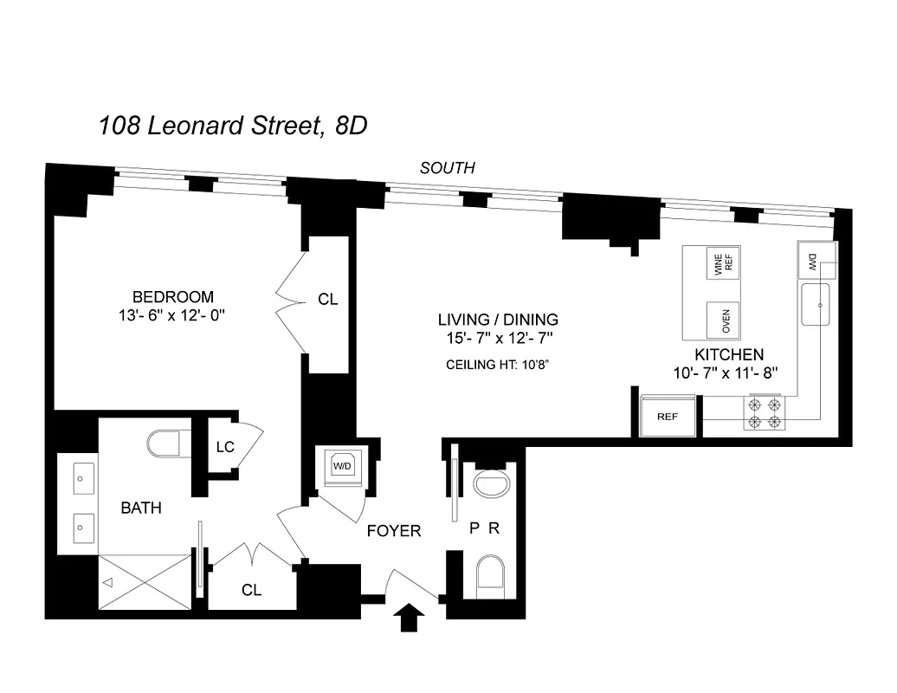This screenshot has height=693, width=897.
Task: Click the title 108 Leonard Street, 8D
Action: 233,126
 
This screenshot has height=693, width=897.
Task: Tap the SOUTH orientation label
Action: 447,168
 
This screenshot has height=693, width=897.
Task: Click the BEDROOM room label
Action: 173,297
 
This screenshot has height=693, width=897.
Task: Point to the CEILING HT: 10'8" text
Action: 498,364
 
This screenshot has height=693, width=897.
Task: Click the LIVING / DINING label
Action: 498,320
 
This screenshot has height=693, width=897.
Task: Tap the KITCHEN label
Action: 729,354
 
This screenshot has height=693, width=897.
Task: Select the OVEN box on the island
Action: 724,321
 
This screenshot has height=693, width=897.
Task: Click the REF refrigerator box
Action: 668,416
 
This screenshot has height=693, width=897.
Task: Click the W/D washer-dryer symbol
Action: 343,465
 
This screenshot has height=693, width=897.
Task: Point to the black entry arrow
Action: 410,619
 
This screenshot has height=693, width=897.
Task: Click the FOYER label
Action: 394,530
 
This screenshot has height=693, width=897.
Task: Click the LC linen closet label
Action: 225,447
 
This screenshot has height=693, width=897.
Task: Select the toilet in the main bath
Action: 165,444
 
